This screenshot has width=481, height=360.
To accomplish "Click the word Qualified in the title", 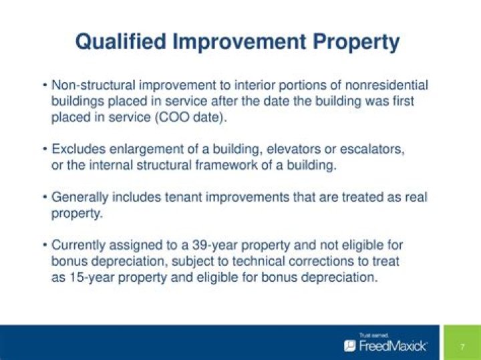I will click(x=120, y=42).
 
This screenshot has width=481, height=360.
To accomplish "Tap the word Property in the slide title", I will click(x=355, y=42).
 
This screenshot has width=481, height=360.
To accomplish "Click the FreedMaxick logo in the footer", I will click(x=386, y=345).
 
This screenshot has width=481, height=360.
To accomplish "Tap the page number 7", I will click(x=462, y=346).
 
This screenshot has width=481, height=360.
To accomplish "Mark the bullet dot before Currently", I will click(x=44, y=246).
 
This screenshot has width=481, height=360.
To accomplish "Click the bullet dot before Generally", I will click(x=44, y=198).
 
